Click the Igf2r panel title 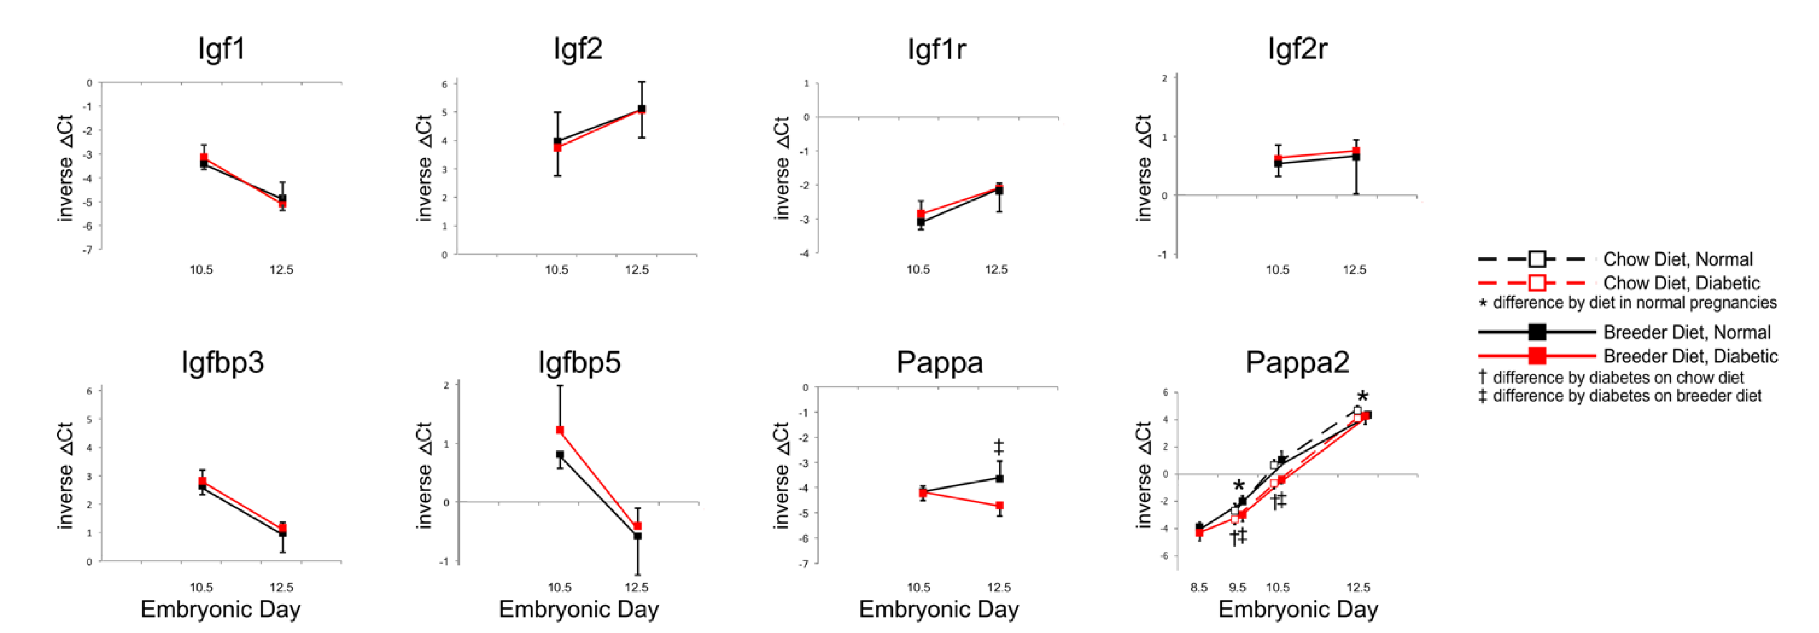(x=1297, y=49)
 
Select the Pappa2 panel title (x=1297, y=363)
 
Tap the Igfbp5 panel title (x=579, y=363)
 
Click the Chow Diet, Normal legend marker (x=1536, y=259)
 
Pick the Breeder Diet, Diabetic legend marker (x=1536, y=355)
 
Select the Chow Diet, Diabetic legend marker (x=1536, y=282)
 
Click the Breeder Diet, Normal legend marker (x=1536, y=332)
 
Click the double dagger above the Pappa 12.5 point (x=998, y=447)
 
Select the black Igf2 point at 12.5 (x=642, y=109)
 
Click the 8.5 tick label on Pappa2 (x=1198, y=587)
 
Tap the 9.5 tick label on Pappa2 (x=1237, y=587)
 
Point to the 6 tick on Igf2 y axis (x=445, y=84)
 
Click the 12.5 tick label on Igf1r (x=996, y=269)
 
